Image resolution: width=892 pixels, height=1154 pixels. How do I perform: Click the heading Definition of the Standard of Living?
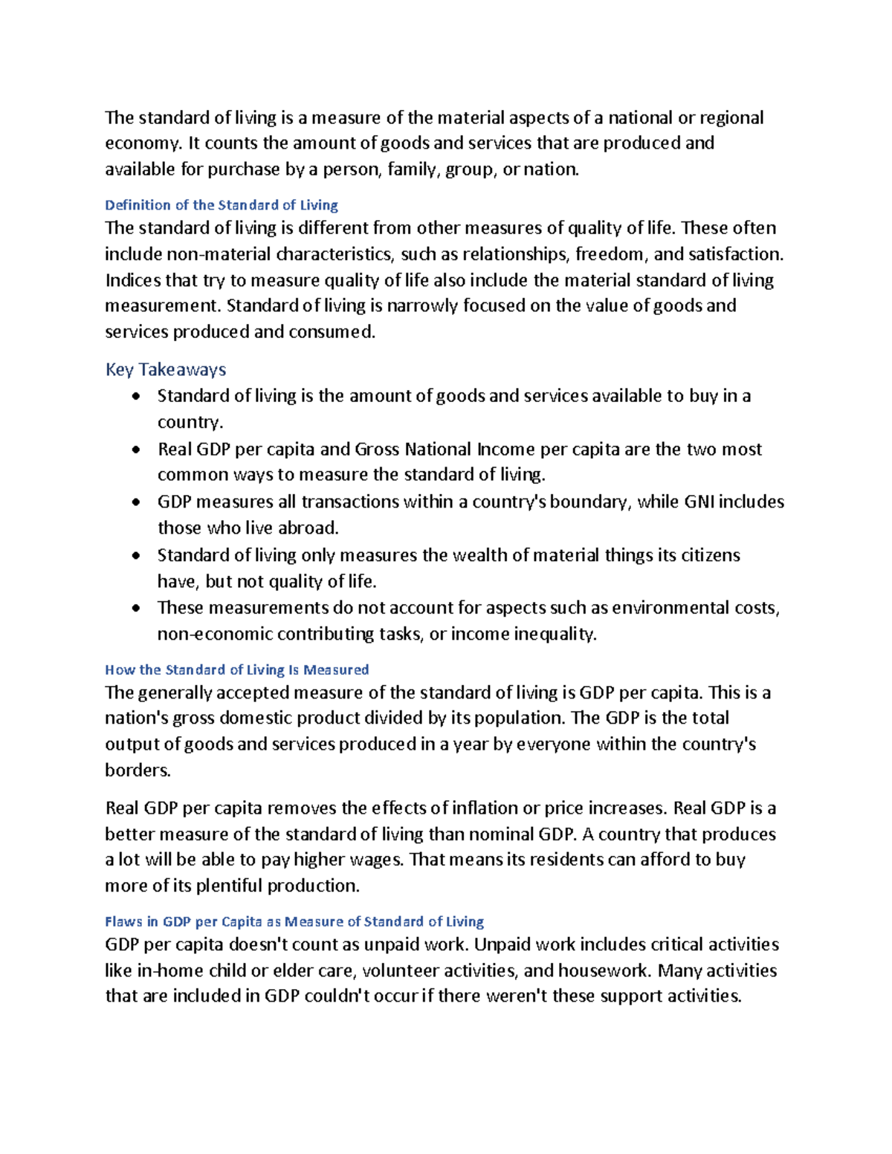222,205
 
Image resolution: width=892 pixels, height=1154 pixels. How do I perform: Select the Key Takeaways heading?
166,369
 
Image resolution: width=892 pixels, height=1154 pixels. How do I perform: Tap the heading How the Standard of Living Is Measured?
236,670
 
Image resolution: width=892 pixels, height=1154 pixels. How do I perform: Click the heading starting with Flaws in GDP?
294,921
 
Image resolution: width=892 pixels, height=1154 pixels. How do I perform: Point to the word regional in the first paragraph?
732,118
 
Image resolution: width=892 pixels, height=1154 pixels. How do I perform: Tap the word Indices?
132,280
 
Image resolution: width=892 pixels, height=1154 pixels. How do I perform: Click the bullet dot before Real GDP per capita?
135,450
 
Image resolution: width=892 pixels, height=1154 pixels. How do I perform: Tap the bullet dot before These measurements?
135,608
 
